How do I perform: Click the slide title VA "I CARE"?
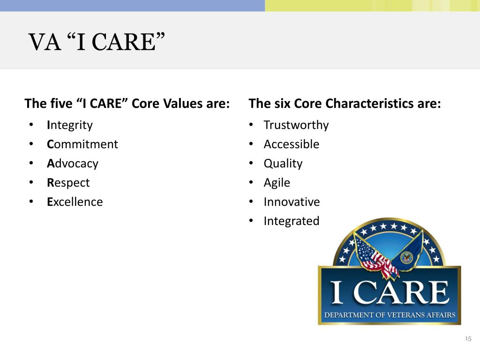(x=97, y=42)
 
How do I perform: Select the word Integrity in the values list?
(x=70, y=126)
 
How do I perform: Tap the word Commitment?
(x=82, y=144)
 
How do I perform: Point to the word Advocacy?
(x=73, y=164)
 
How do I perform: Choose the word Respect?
(x=68, y=183)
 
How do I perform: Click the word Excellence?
(x=75, y=202)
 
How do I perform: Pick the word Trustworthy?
(x=296, y=126)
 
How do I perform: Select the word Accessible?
(x=292, y=144)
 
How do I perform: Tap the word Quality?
(x=283, y=164)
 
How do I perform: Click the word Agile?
(x=277, y=183)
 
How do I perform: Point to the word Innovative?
(x=292, y=202)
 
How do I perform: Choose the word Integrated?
(x=292, y=221)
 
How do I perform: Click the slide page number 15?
(x=468, y=338)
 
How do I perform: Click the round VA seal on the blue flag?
(x=407, y=258)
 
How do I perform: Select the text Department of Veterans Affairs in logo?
(x=390, y=315)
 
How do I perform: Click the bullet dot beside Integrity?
(x=31, y=125)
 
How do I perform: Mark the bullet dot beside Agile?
(x=251, y=182)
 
